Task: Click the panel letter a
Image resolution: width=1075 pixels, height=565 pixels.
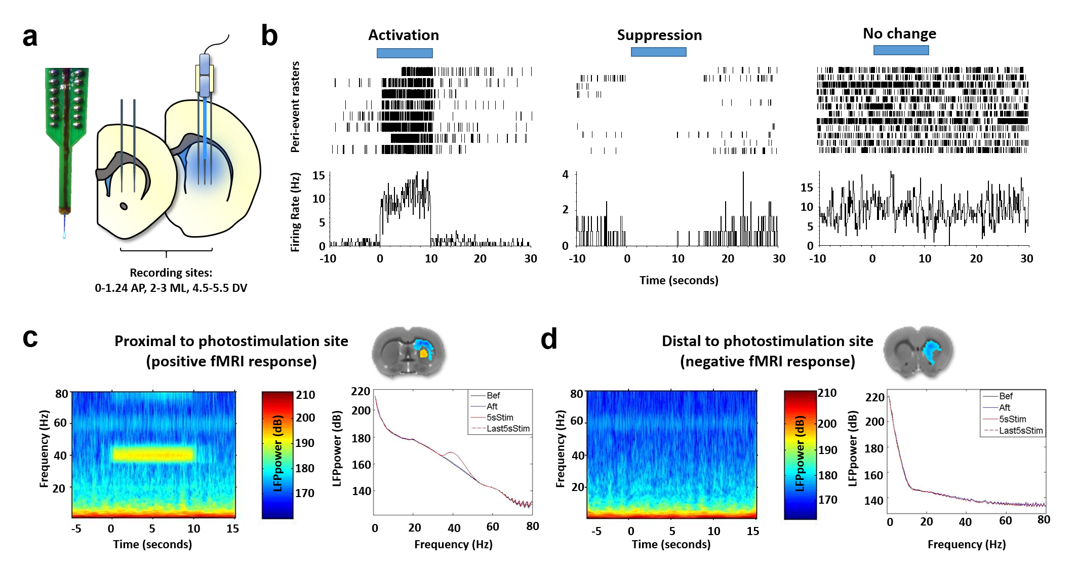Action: pyautogui.click(x=30, y=37)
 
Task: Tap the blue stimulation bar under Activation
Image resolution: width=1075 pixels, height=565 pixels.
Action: pyautogui.click(x=405, y=53)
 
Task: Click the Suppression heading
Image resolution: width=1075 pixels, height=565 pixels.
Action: pyautogui.click(x=659, y=35)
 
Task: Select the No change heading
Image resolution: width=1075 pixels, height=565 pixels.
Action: pyautogui.click(x=899, y=33)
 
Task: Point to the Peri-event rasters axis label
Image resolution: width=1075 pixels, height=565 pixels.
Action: pyautogui.click(x=295, y=107)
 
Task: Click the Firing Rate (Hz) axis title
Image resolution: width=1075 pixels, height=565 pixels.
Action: pyautogui.click(x=295, y=212)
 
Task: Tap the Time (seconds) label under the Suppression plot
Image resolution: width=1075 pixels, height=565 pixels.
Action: pyautogui.click(x=679, y=280)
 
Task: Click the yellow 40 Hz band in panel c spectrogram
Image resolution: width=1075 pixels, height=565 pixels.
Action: pyautogui.click(x=153, y=454)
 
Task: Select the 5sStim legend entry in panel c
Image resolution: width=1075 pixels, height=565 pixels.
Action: pyautogui.click(x=500, y=418)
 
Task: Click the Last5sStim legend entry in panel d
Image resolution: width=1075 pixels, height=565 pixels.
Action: pyautogui.click(x=1020, y=431)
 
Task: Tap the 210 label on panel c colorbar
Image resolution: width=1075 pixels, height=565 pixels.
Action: pyautogui.click(x=306, y=395)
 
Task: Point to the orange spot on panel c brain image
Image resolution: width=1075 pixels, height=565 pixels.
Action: pyautogui.click(x=423, y=353)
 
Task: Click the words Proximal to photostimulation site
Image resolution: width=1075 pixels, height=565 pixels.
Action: pyautogui.click(x=231, y=341)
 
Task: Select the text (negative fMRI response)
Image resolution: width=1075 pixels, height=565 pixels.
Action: pyautogui.click(x=767, y=361)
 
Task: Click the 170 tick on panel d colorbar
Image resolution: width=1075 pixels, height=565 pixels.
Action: pyautogui.click(x=828, y=500)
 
